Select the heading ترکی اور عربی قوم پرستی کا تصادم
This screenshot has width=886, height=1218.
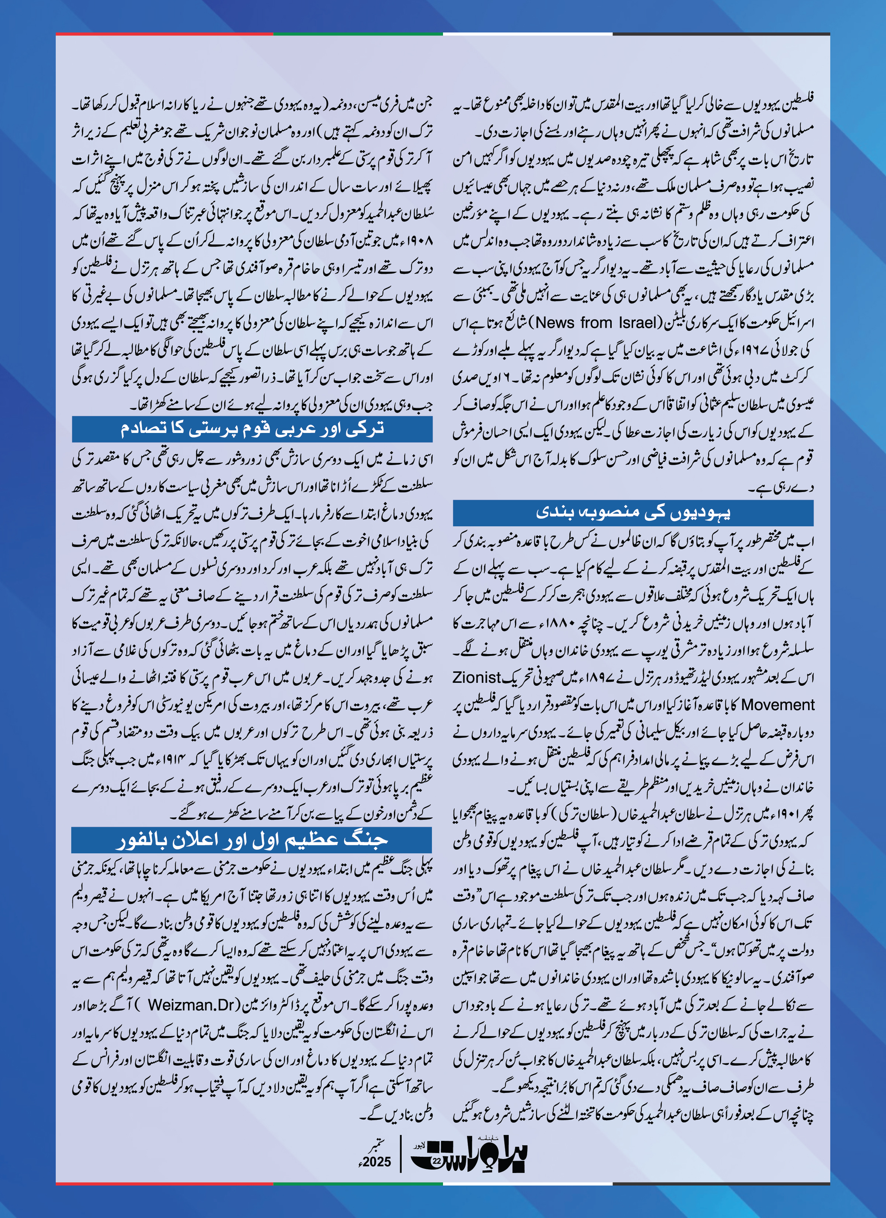coord(252,429)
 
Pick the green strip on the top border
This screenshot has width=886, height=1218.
coord(358,34)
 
